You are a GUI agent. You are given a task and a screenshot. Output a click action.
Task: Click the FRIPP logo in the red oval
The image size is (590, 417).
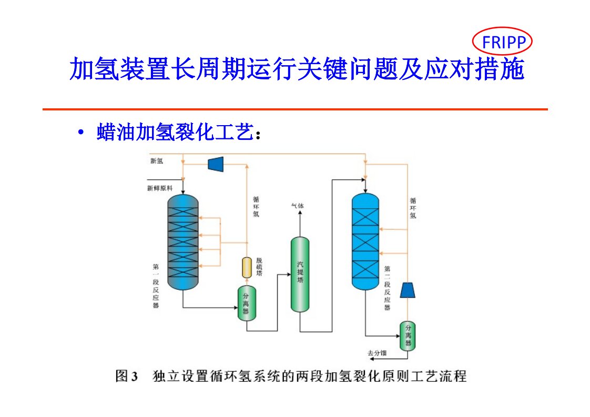pos(503,42)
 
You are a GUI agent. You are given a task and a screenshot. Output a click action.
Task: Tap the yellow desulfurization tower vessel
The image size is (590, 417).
pos(247,268)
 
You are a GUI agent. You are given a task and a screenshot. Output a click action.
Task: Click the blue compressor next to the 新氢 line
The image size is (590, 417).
pos(216,164)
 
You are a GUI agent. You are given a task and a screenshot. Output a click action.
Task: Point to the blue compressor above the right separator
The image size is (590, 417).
pos(408,290)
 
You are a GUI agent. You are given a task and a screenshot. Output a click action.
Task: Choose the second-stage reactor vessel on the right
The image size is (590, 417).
pos(365,242)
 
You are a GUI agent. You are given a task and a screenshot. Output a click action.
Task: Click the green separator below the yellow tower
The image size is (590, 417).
pos(247,303)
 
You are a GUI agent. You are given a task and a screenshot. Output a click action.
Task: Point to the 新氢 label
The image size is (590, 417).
pos(157,161)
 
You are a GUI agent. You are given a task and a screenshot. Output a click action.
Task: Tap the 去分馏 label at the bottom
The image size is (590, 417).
pos(377,353)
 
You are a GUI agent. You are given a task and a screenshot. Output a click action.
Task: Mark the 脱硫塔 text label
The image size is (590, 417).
pos(259,267)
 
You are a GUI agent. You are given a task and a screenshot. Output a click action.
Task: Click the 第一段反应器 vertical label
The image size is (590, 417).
pos(156,286)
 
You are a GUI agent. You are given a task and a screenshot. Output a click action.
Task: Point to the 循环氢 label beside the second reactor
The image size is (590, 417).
pos(413,208)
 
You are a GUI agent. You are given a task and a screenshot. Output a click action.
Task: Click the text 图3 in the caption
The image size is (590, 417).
pos(127,377)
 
